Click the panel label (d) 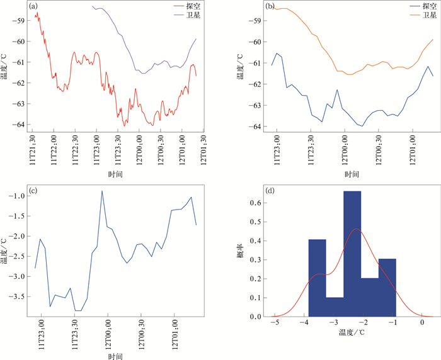point(270,191)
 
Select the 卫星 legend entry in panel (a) point(187,15)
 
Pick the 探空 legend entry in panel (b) point(423,6)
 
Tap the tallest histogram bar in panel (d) point(352,254)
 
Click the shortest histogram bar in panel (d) point(335,307)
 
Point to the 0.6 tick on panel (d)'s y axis point(255,203)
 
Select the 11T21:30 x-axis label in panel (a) point(32,150)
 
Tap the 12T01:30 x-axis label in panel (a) point(203,150)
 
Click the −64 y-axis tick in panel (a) point(18,125)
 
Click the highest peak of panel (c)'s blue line point(102,191)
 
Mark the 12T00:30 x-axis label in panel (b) point(379,150)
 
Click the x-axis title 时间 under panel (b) point(352,174)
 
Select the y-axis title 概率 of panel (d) point(241,251)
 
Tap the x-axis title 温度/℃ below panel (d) point(352,332)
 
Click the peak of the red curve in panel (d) point(357,228)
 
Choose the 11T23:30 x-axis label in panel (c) point(74,334)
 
